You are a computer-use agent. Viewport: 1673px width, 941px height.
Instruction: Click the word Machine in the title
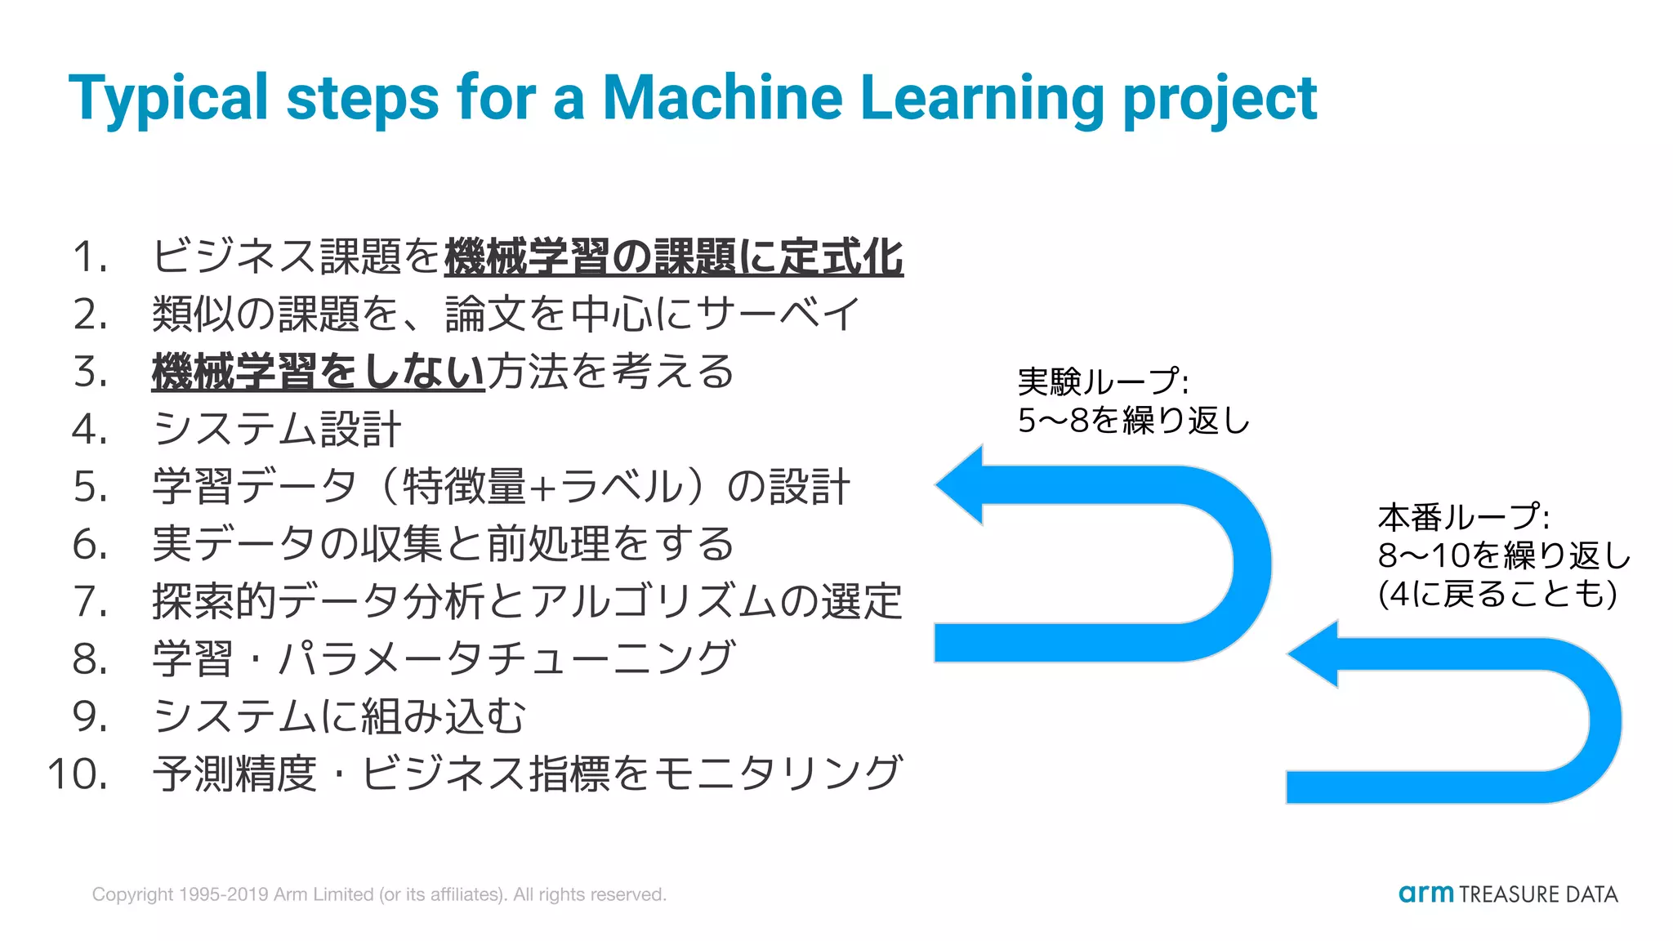point(722,98)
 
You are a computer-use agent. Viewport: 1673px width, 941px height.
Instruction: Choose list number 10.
point(78,774)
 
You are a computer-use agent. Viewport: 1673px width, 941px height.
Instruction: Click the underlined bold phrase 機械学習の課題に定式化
point(674,257)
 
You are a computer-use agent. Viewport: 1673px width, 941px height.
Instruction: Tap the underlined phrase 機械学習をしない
point(319,372)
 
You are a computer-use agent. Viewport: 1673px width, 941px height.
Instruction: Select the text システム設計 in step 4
point(277,430)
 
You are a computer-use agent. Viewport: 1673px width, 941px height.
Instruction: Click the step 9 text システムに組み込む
point(339,717)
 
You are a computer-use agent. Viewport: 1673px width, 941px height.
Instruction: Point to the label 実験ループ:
point(1103,381)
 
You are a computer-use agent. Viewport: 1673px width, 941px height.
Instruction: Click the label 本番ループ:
point(1463,518)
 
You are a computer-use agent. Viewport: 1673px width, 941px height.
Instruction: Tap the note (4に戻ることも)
point(1497,594)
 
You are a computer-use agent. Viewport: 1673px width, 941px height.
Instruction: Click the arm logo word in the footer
point(1425,894)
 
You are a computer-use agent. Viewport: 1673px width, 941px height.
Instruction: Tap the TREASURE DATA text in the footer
point(1538,894)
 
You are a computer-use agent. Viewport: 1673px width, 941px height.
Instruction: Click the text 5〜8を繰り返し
point(1134,421)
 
